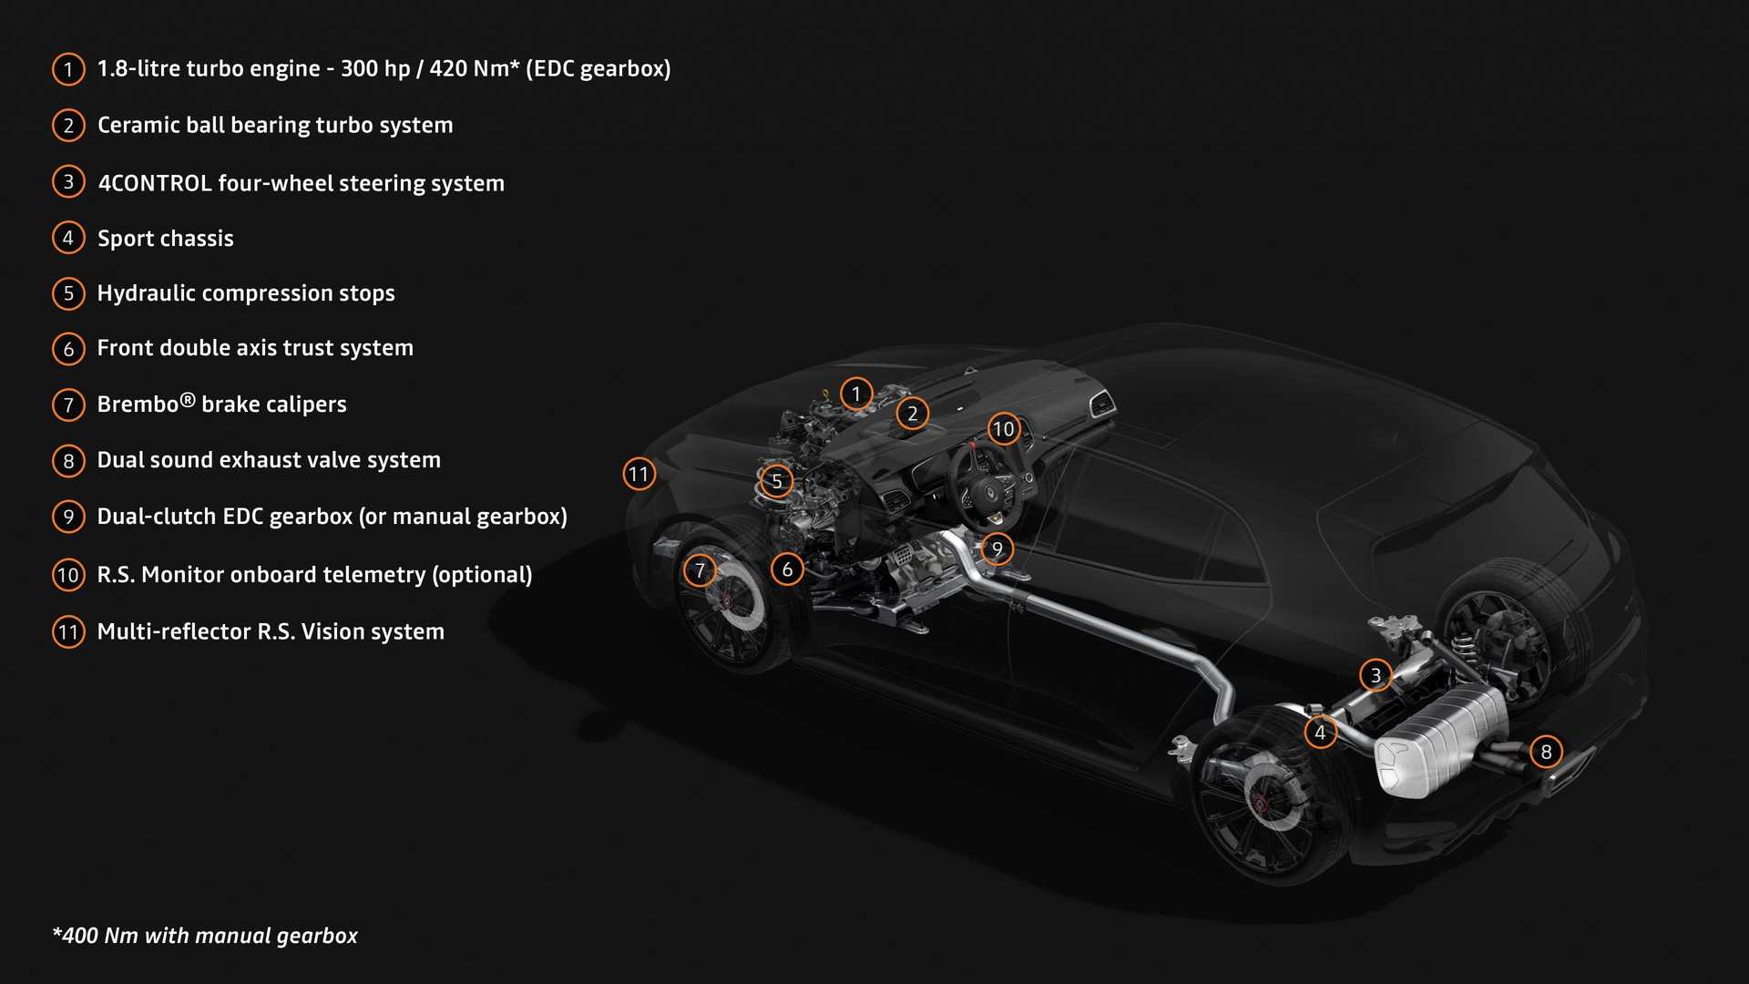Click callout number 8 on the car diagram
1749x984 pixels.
[x=1546, y=752]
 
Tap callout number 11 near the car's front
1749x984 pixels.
[x=639, y=474]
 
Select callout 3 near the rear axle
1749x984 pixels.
[x=1376, y=675]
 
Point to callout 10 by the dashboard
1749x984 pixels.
[x=1003, y=428]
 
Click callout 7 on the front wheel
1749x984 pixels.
[x=700, y=570]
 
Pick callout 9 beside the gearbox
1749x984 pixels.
[x=997, y=548]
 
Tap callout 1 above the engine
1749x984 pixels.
[x=855, y=394]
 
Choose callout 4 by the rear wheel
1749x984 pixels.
[x=1320, y=732]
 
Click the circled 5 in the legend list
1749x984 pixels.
[x=68, y=293]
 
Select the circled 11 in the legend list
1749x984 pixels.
[x=68, y=631]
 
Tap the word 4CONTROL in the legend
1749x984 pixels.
[x=155, y=183]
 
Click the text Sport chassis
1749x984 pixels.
[x=166, y=239]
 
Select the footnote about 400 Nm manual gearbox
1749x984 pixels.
[x=206, y=936]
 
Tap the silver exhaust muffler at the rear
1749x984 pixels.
[x=1439, y=743]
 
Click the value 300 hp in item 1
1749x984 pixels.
[x=375, y=69]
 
